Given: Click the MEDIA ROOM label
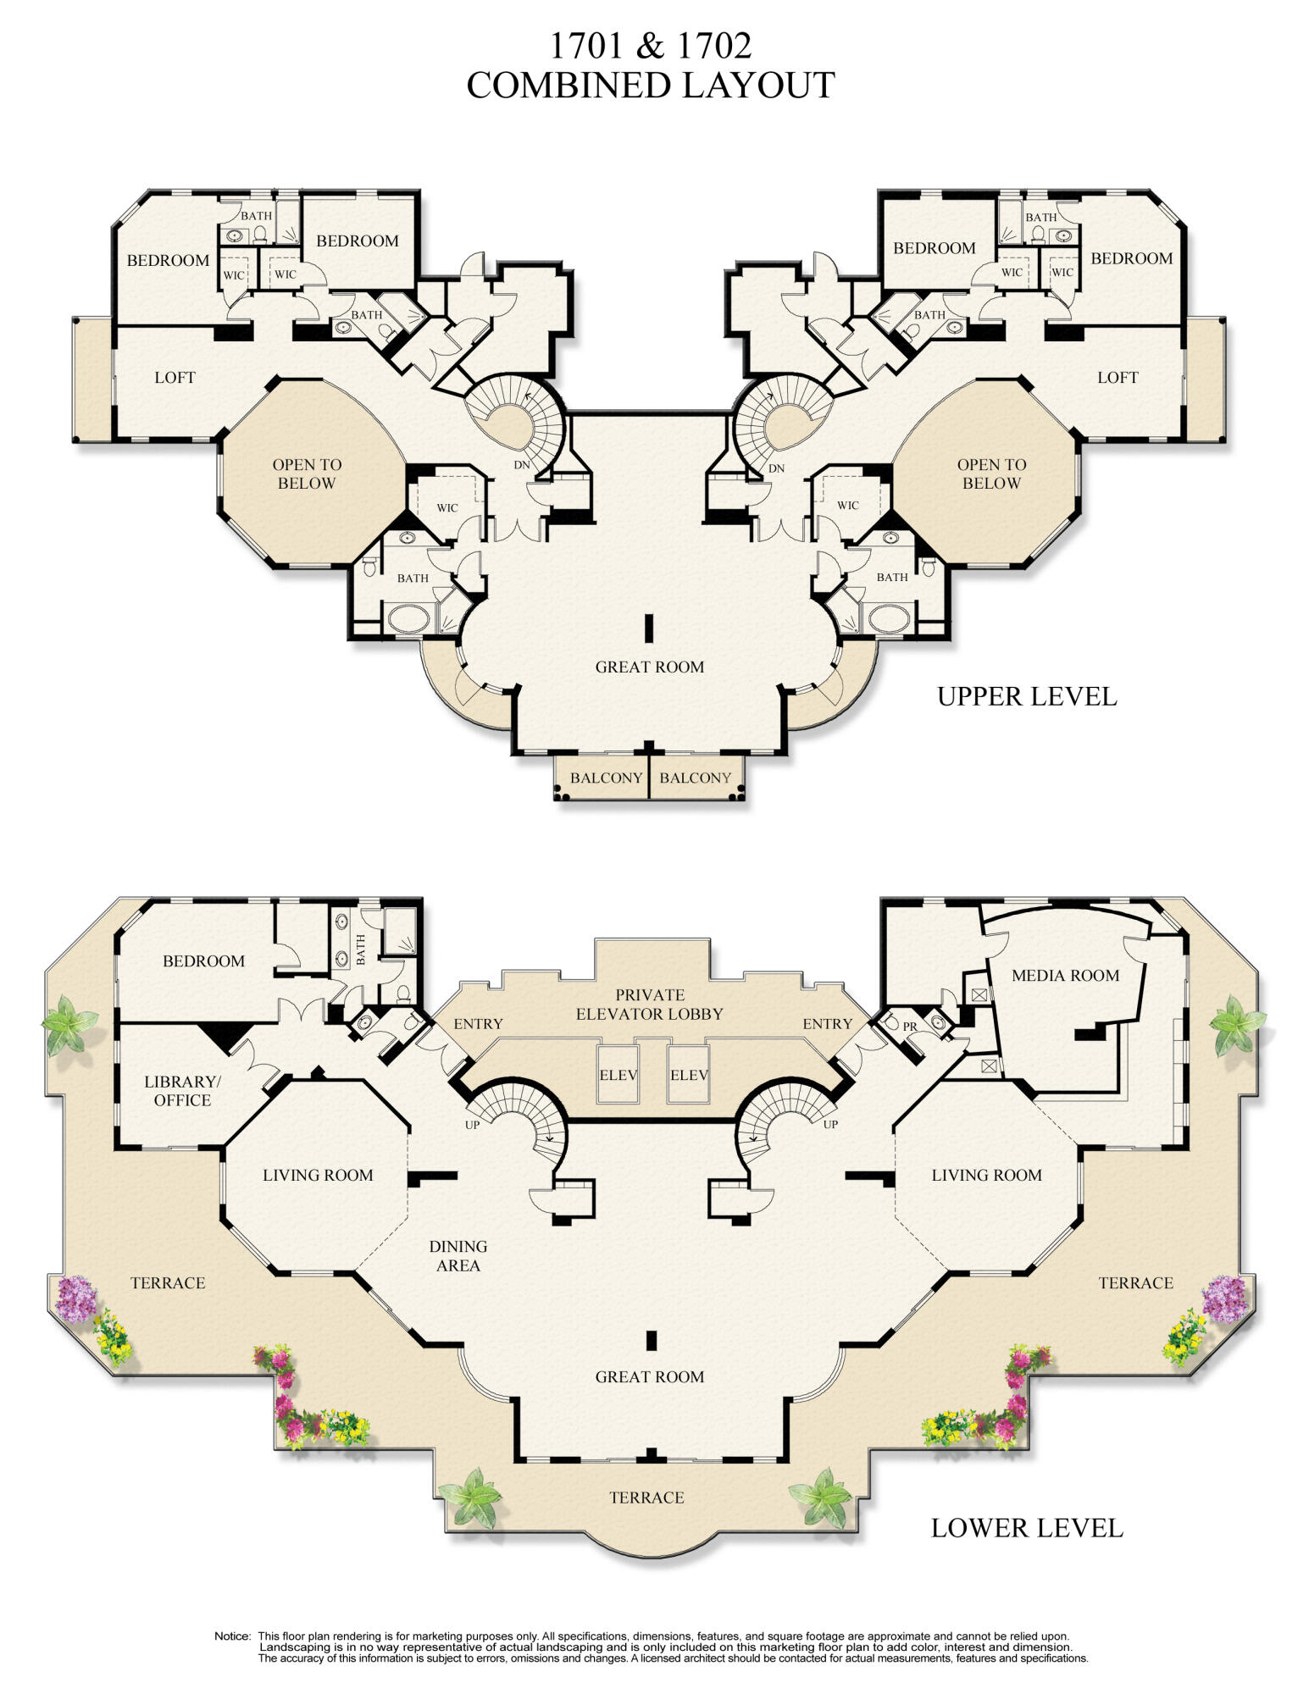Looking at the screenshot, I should point(1065,976).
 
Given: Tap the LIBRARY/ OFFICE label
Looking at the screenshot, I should point(182,1091).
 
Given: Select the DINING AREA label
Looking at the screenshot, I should point(458,1256).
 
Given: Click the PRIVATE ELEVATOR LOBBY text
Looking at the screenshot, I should point(650,1005).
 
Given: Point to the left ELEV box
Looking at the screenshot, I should point(618,1075).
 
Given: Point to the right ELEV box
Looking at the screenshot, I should point(689,1075).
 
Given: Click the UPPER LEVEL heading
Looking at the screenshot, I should point(1027,697).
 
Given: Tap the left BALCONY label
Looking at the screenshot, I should point(606,778).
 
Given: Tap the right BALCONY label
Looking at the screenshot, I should point(695,778).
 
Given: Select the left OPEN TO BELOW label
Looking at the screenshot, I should point(307,474).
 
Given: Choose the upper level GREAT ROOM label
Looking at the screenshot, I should point(650,667).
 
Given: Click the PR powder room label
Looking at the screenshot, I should point(910,1027).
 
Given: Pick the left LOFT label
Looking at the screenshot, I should point(175,378).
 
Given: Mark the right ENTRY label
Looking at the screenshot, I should point(828,1024).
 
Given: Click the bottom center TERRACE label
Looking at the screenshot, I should point(646,1498).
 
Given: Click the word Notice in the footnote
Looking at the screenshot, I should point(232,1636).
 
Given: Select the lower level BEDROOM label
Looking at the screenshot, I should point(203,961).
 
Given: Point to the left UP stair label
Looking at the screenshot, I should point(473,1125).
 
